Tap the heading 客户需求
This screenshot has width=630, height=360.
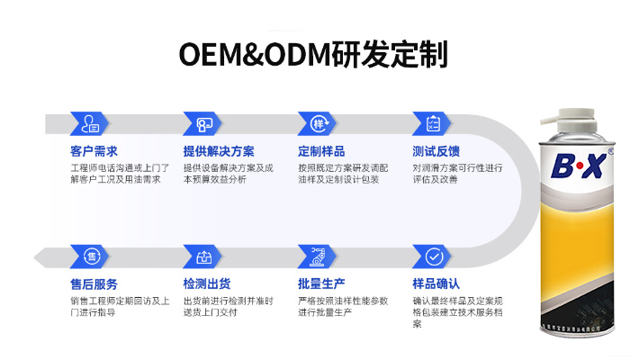[94, 151]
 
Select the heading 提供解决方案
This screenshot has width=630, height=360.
[219, 151]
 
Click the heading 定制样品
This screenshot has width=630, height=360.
[321, 151]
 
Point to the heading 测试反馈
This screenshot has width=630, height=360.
[436, 151]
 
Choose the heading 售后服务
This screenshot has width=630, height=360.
[94, 284]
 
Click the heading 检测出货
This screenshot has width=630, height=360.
[207, 284]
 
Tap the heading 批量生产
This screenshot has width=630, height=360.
[321, 284]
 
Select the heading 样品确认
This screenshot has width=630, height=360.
[436, 284]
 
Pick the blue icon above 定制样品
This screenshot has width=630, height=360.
[319, 123]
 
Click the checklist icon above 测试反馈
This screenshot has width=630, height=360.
[433, 123]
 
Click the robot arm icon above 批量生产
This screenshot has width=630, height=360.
[319, 256]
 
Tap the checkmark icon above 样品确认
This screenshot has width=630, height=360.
[433, 256]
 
